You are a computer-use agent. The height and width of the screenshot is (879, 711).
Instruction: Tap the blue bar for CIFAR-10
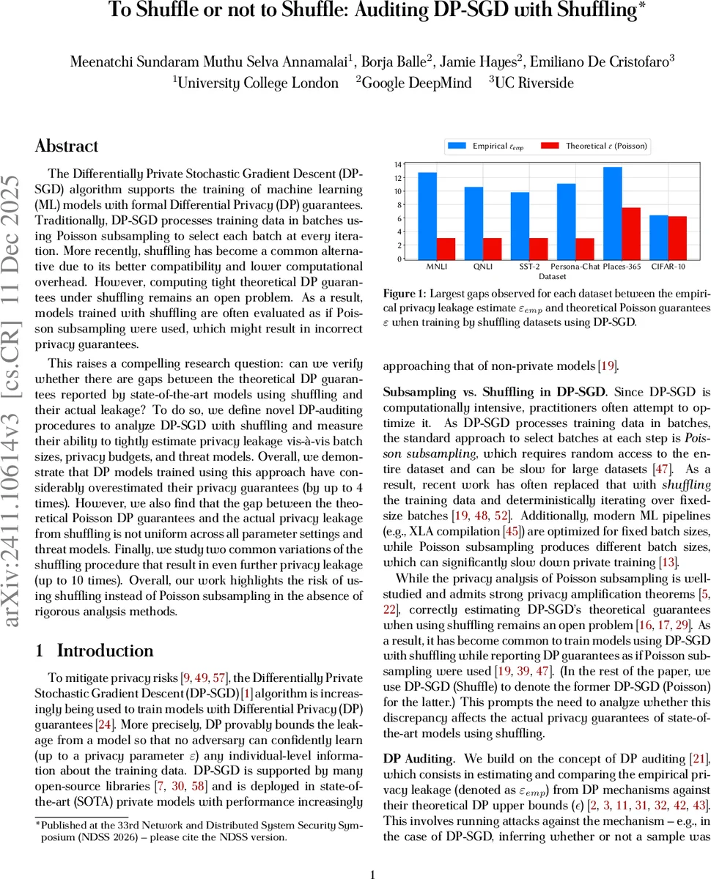659,237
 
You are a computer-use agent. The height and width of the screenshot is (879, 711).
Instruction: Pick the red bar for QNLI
493,248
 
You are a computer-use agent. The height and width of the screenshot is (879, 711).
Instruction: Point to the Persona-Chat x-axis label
575,267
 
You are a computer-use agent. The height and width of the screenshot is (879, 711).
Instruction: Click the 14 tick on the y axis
397,164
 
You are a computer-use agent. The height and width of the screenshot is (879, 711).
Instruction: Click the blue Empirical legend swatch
458,146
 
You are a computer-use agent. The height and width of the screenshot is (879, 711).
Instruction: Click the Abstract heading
67,146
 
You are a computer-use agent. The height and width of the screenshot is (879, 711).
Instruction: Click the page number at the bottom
372,853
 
